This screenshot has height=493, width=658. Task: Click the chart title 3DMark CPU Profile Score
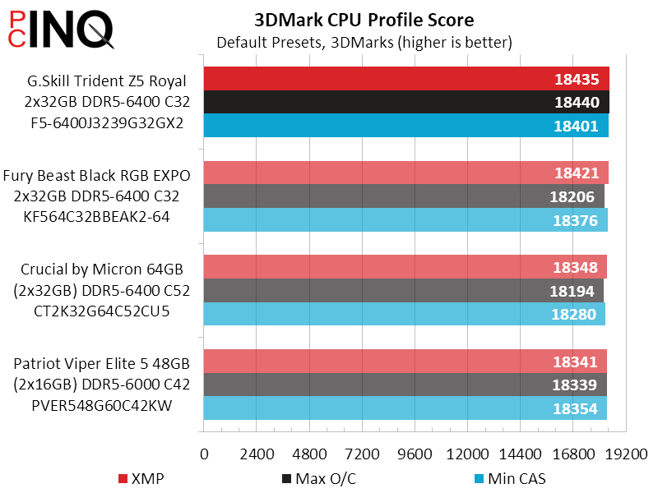(364, 19)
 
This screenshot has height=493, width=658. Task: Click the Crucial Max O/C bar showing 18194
(403, 291)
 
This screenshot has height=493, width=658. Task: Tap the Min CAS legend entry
(510, 478)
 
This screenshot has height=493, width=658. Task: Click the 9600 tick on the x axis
(415, 454)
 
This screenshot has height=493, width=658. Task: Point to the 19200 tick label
(626, 454)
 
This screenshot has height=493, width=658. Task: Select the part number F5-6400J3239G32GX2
(104, 123)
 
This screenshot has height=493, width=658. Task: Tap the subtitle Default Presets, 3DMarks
(364, 41)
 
